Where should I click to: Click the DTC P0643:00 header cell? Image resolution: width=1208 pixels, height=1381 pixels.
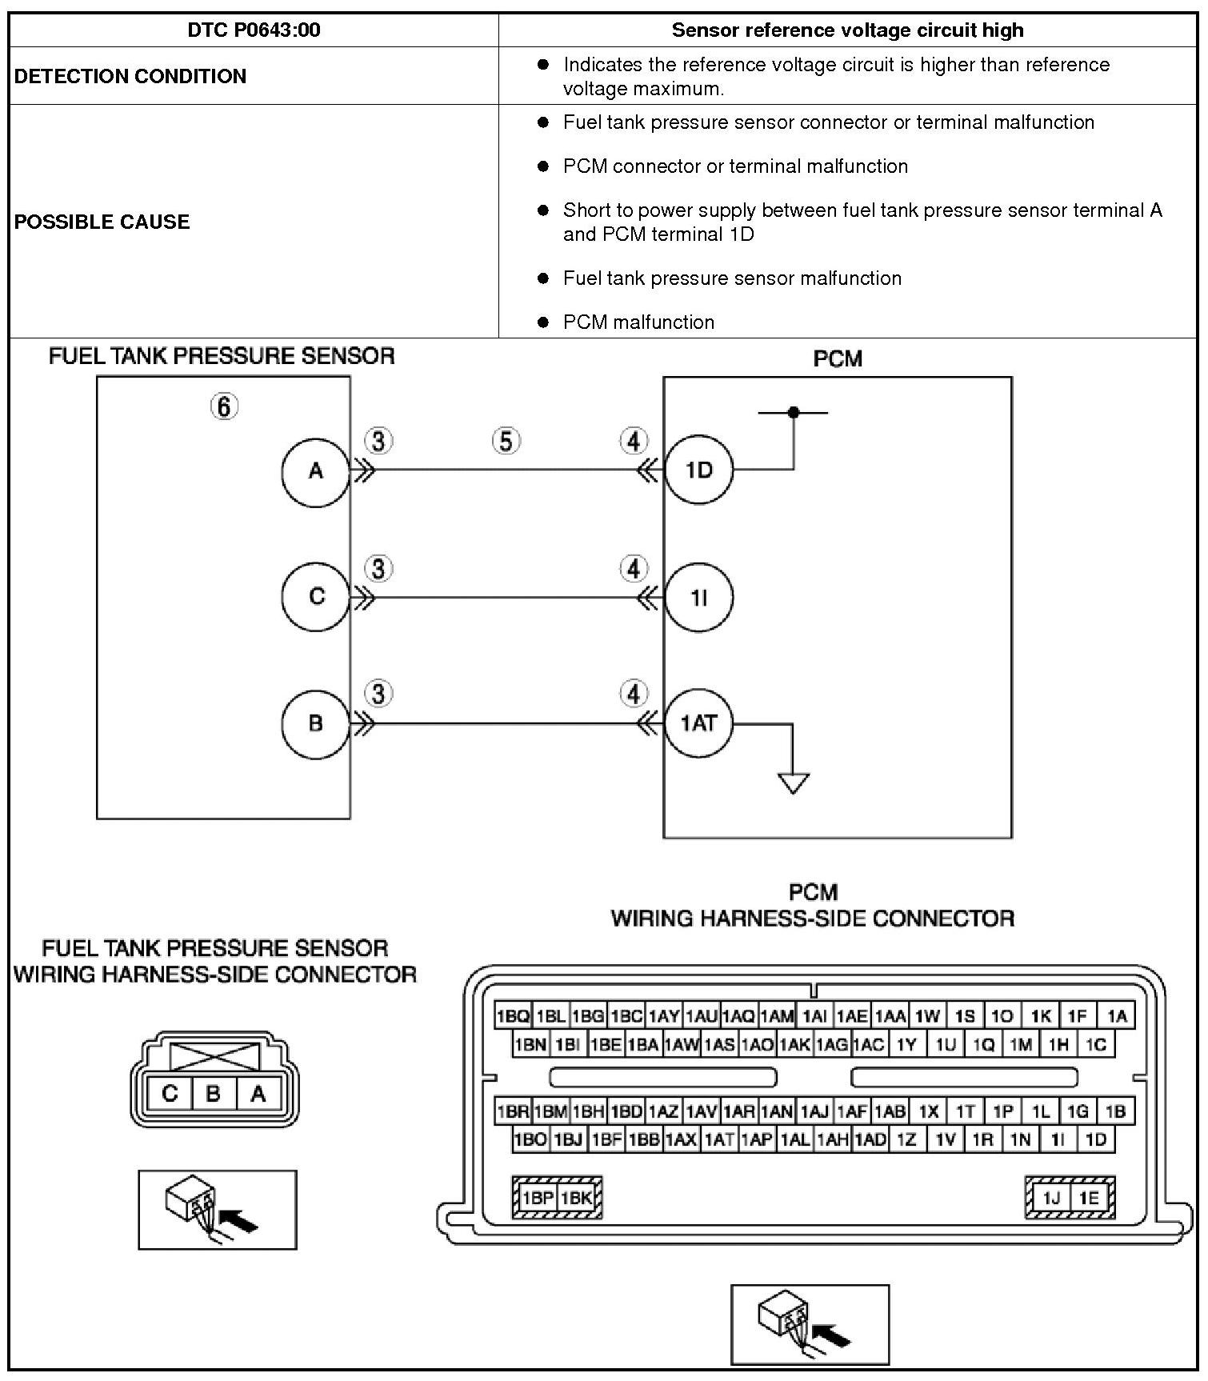click(x=254, y=30)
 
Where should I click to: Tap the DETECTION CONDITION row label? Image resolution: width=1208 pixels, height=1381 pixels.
click(x=130, y=76)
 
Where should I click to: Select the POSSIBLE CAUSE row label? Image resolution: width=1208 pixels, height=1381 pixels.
click(x=102, y=222)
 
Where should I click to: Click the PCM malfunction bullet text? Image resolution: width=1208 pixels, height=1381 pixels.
click(x=638, y=322)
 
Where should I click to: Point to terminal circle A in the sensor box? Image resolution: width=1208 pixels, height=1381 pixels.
click(x=316, y=471)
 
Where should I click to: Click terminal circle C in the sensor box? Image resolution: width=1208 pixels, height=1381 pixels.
click(x=316, y=597)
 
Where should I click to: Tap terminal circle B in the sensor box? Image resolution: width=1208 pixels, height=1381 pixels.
click(x=316, y=723)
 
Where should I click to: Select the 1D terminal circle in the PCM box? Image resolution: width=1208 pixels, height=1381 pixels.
click(x=699, y=470)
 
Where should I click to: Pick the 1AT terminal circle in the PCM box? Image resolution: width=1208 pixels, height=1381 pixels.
click(x=699, y=723)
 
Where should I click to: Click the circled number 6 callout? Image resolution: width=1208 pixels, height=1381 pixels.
click(x=224, y=407)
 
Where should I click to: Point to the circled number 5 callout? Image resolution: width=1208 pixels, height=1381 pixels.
click(x=506, y=441)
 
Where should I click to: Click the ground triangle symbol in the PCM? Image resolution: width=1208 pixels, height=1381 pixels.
click(x=794, y=783)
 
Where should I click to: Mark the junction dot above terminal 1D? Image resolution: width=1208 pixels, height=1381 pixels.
click(x=794, y=413)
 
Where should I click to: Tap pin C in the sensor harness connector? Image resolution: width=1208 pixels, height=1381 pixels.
click(x=170, y=1094)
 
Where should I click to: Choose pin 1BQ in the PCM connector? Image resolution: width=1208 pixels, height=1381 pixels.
click(x=513, y=1016)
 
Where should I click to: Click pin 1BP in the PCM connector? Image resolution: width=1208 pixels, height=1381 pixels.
click(x=538, y=1198)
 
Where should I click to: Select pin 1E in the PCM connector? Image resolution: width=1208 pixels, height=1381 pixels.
click(x=1088, y=1198)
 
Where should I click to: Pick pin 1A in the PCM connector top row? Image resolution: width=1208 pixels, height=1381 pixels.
click(x=1117, y=1016)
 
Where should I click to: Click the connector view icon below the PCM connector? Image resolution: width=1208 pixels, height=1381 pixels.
click(x=810, y=1324)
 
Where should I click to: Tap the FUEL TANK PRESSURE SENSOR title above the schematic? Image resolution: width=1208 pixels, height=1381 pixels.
click(x=222, y=356)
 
